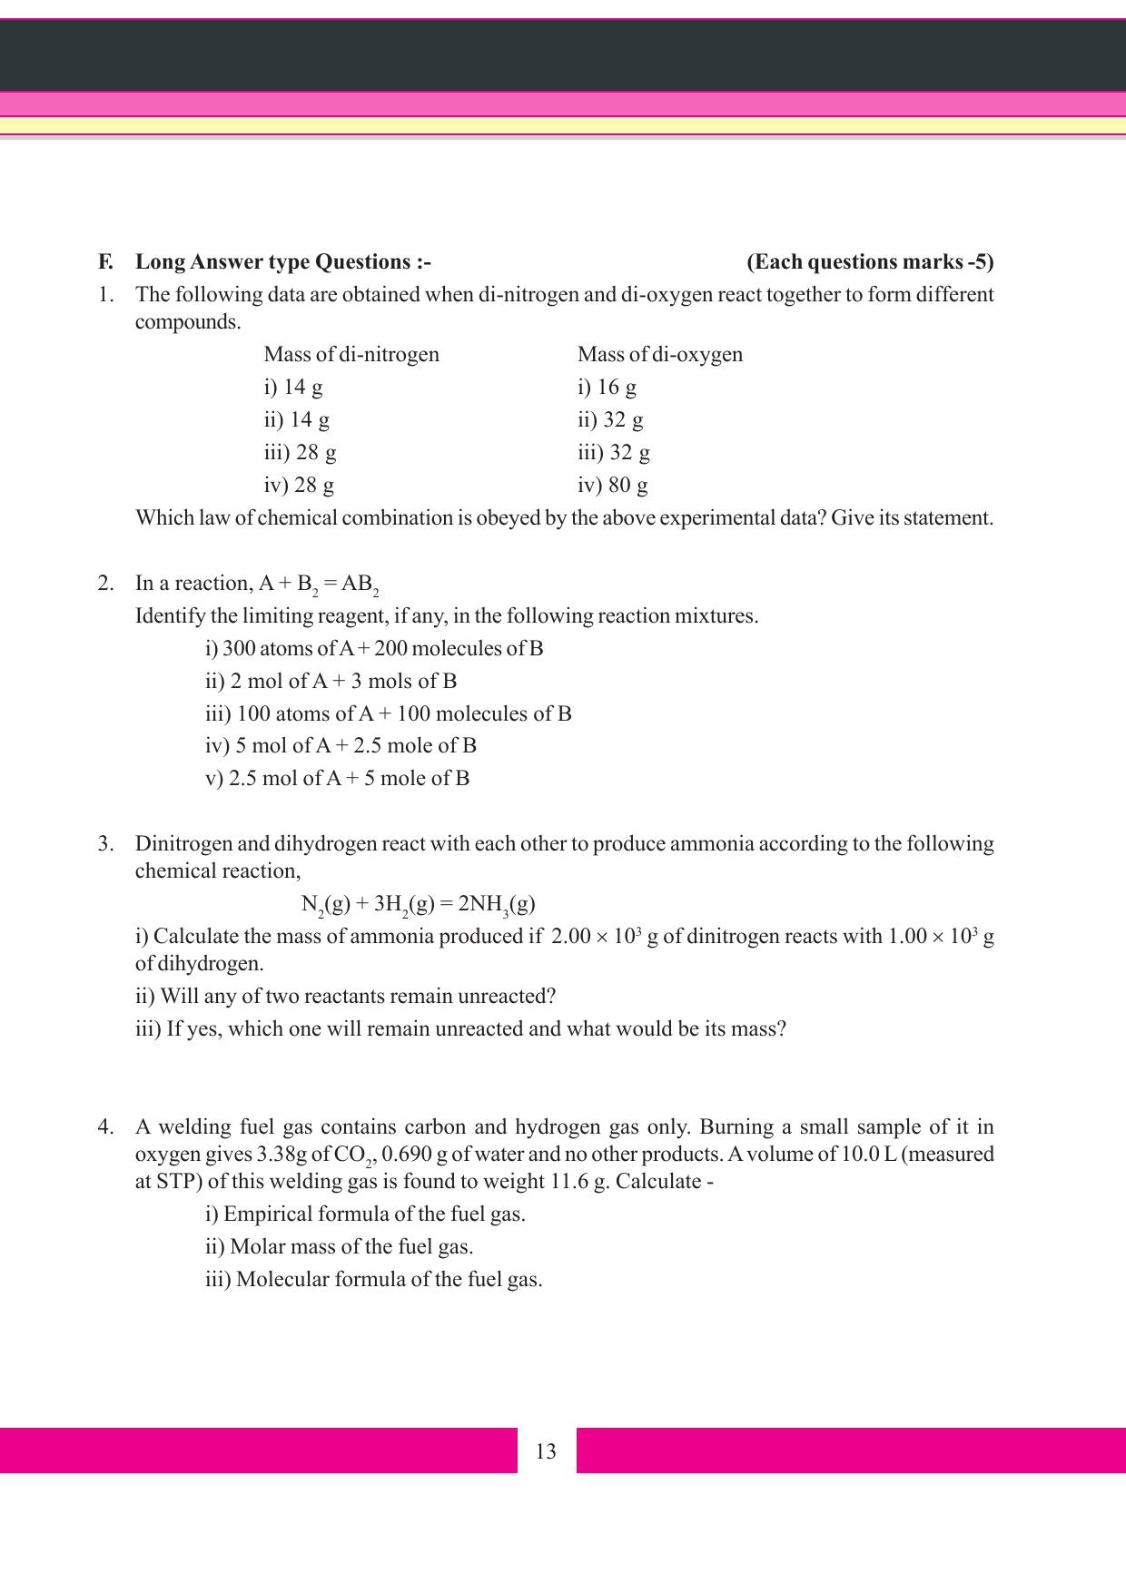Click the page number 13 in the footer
tap(546, 1451)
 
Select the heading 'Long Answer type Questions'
tap(282, 262)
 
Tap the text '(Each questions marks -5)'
tap(870, 262)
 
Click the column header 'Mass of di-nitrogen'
tap(351, 354)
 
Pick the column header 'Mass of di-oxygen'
tap(659, 354)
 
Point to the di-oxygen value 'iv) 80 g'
tap(612, 485)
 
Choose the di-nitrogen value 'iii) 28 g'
tap(300, 452)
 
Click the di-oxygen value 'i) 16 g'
tap(607, 387)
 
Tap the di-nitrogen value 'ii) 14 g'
tap(296, 419)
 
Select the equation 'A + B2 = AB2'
tap(319, 585)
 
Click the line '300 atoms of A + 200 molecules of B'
tap(374, 648)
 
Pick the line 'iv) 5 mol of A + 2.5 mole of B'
tap(341, 746)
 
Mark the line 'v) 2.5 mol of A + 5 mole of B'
tap(337, 779)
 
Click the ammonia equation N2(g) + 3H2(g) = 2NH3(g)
tap(418, 904)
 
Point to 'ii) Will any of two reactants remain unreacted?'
tap(345, 997)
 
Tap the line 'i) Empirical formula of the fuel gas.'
tap(365, 1214)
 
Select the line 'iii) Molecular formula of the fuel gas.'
tap(373, 1280)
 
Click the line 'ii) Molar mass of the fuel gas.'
tap(339, 1247)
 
